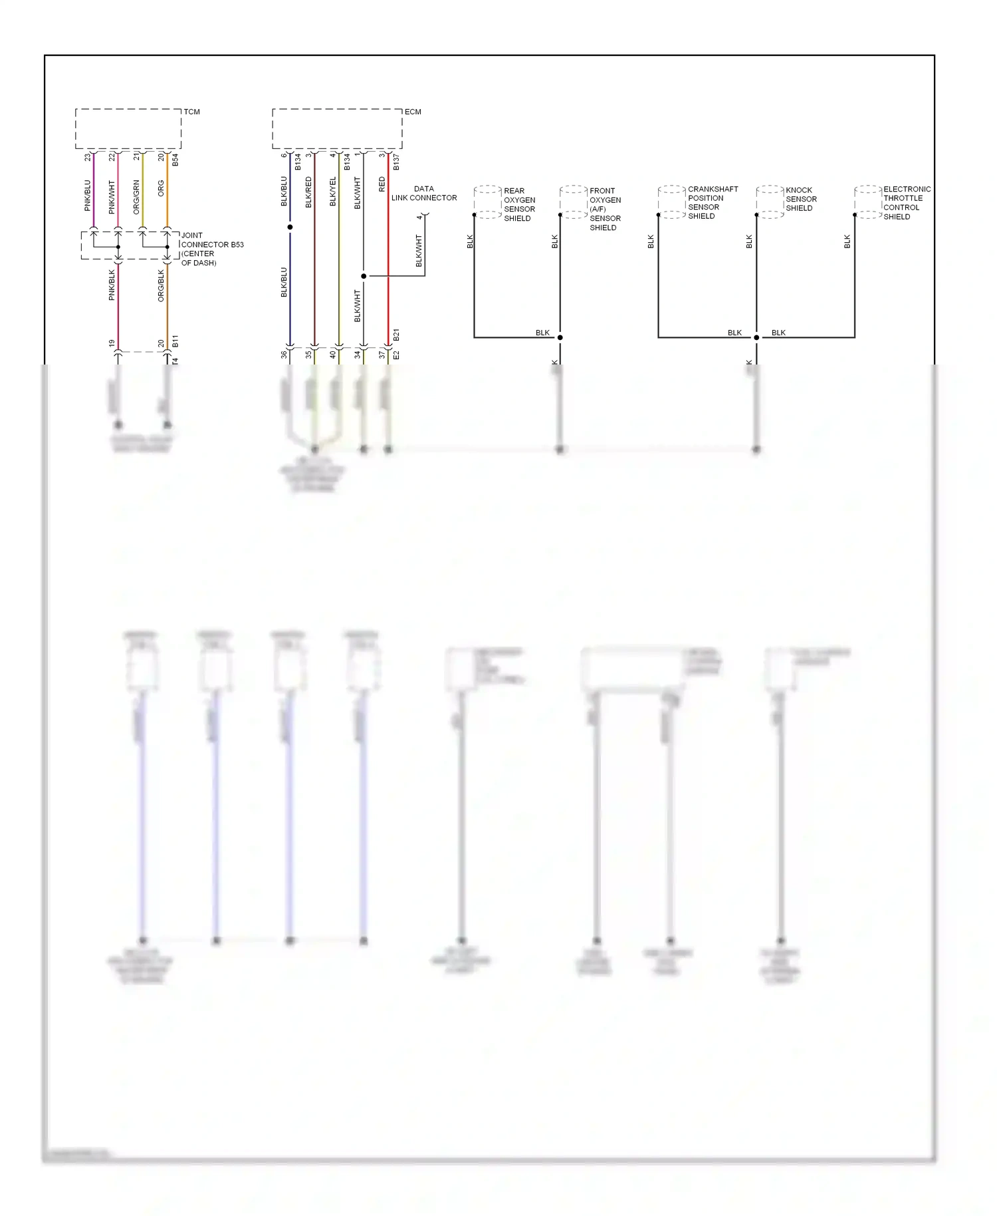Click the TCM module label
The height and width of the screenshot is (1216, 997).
click(x=191, y=112)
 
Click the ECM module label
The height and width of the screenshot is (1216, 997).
click(x=413, y=112)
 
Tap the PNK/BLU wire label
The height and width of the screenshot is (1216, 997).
click(x=88, y=196)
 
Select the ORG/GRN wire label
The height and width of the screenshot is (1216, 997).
click(x=136, y=197)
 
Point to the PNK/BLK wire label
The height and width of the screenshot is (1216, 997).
click(x=112, y=285)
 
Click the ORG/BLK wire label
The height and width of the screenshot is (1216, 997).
click(x=161, y=285)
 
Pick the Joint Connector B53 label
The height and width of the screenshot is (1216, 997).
click(x=212, y=249)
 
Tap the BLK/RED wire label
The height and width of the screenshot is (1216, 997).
click(x=308, y=192)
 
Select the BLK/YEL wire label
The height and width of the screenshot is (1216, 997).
click(x=333, y=192)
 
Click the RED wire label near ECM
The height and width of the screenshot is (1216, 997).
click(x=382, y=184)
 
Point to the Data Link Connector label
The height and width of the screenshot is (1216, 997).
click(x=424, y=194)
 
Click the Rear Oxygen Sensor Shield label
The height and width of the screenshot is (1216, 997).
click(x=519, y=204)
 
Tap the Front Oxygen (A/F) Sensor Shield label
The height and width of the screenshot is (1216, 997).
click(x=605, y=209)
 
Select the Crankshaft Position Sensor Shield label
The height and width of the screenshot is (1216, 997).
click(x=713, y=202)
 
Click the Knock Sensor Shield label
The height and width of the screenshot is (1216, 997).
click(x=801, y=199)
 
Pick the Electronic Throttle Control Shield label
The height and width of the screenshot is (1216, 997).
click(x=907, y=203)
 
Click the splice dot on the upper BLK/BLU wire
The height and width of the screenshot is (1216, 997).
click(x=290, y=228)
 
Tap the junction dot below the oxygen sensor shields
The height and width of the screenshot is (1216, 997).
click(x=560, y=337)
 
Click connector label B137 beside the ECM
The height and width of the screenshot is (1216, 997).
click(x=396, y=162)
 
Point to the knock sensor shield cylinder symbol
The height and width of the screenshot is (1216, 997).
click(x=770, y=202)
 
